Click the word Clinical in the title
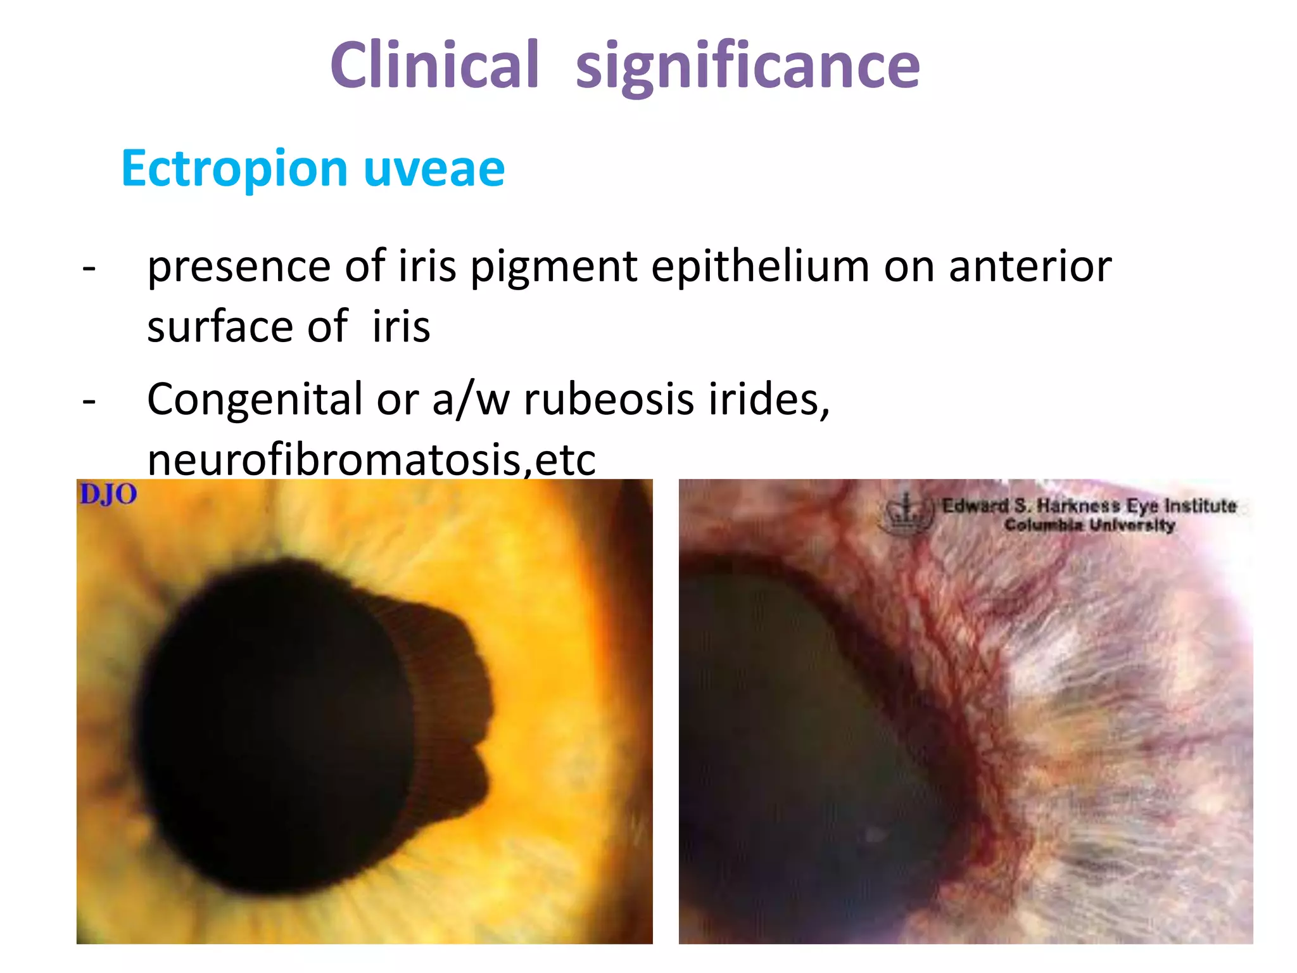[x=434, y=65]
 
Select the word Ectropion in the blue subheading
[x=234, y=169]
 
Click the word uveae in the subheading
[x=434, y=169]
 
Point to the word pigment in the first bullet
[x=553, y=267]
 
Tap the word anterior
[x=1030, y=267]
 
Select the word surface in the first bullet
[x=220, y=327]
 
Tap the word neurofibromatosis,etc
[x=371, y=460]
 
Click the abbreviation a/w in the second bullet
[x=471, y=400]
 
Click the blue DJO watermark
[x=108, y=495]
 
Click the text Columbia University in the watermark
[x=1089, y=525]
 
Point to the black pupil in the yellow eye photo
[x=272, y=722]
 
